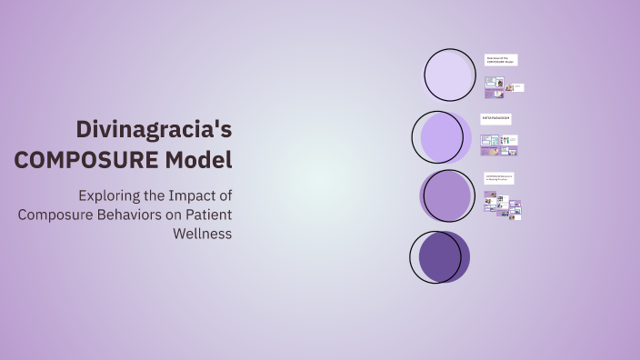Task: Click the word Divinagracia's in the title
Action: coord(154,129)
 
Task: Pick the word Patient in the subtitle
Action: coord(208,215)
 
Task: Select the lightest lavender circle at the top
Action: coord(449,75)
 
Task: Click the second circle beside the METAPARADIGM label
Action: coord(442,137)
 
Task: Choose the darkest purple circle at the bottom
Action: coord(440,256)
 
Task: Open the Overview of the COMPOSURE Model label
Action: coord(501,60)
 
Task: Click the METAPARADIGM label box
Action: coord(496,119)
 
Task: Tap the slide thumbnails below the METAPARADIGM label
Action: coord(499,145)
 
